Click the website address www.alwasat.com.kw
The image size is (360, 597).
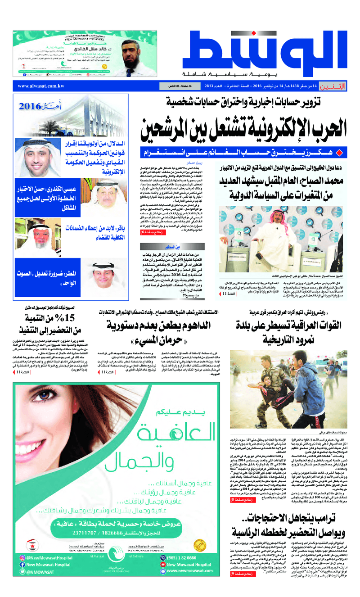point(41,86)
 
